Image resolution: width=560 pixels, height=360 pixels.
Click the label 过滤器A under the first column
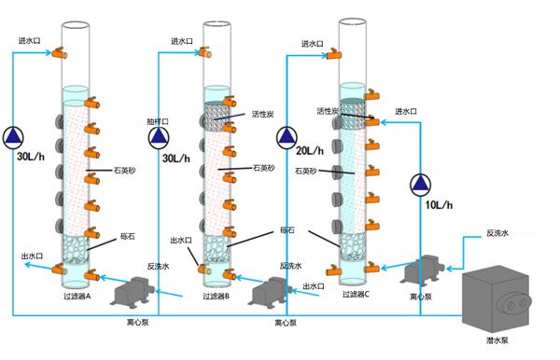click(x=77, y=297)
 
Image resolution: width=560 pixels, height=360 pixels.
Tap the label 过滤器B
click(x=217, y=297)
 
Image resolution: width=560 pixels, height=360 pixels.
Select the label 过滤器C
click(x=357, y=295)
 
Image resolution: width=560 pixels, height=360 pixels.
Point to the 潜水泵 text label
click(x=497, y=340)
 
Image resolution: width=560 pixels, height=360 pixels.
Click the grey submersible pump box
click(x=497, y=299)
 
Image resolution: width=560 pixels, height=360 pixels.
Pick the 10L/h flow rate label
click(x=439, y=205)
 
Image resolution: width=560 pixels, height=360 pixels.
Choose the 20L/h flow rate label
click(x=310, y=150)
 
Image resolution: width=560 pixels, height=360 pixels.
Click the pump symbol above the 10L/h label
click(x=420, y=185)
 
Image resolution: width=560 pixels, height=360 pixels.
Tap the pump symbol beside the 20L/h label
click(x=287, y=137)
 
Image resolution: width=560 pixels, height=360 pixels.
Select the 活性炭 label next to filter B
click(x=262, y=114)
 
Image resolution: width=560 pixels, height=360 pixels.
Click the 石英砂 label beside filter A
click(x=125, y=170)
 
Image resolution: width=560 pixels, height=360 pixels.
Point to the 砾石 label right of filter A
click(x=128, y=236)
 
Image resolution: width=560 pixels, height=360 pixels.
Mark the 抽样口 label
click(x=158, y=121)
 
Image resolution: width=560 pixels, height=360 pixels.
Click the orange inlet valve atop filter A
click(x=60, y=53)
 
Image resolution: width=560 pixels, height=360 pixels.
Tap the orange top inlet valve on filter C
click(x=334, y=54)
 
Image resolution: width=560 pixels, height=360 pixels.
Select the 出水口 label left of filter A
click(x=32, y=256)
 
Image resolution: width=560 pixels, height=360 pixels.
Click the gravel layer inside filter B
click(x=217, y=249)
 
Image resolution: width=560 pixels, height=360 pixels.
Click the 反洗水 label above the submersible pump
click(x=497, y=233)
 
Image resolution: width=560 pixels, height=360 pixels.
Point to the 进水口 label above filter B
click(x=181, y=41)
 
